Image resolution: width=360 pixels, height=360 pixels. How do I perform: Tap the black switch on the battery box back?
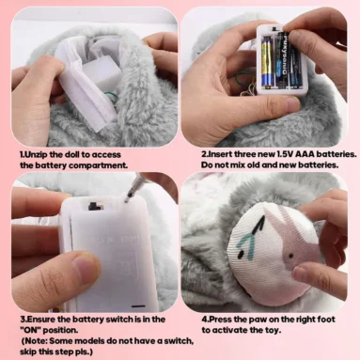(95, 203)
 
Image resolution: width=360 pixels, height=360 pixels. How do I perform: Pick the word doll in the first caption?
(77, 153)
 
